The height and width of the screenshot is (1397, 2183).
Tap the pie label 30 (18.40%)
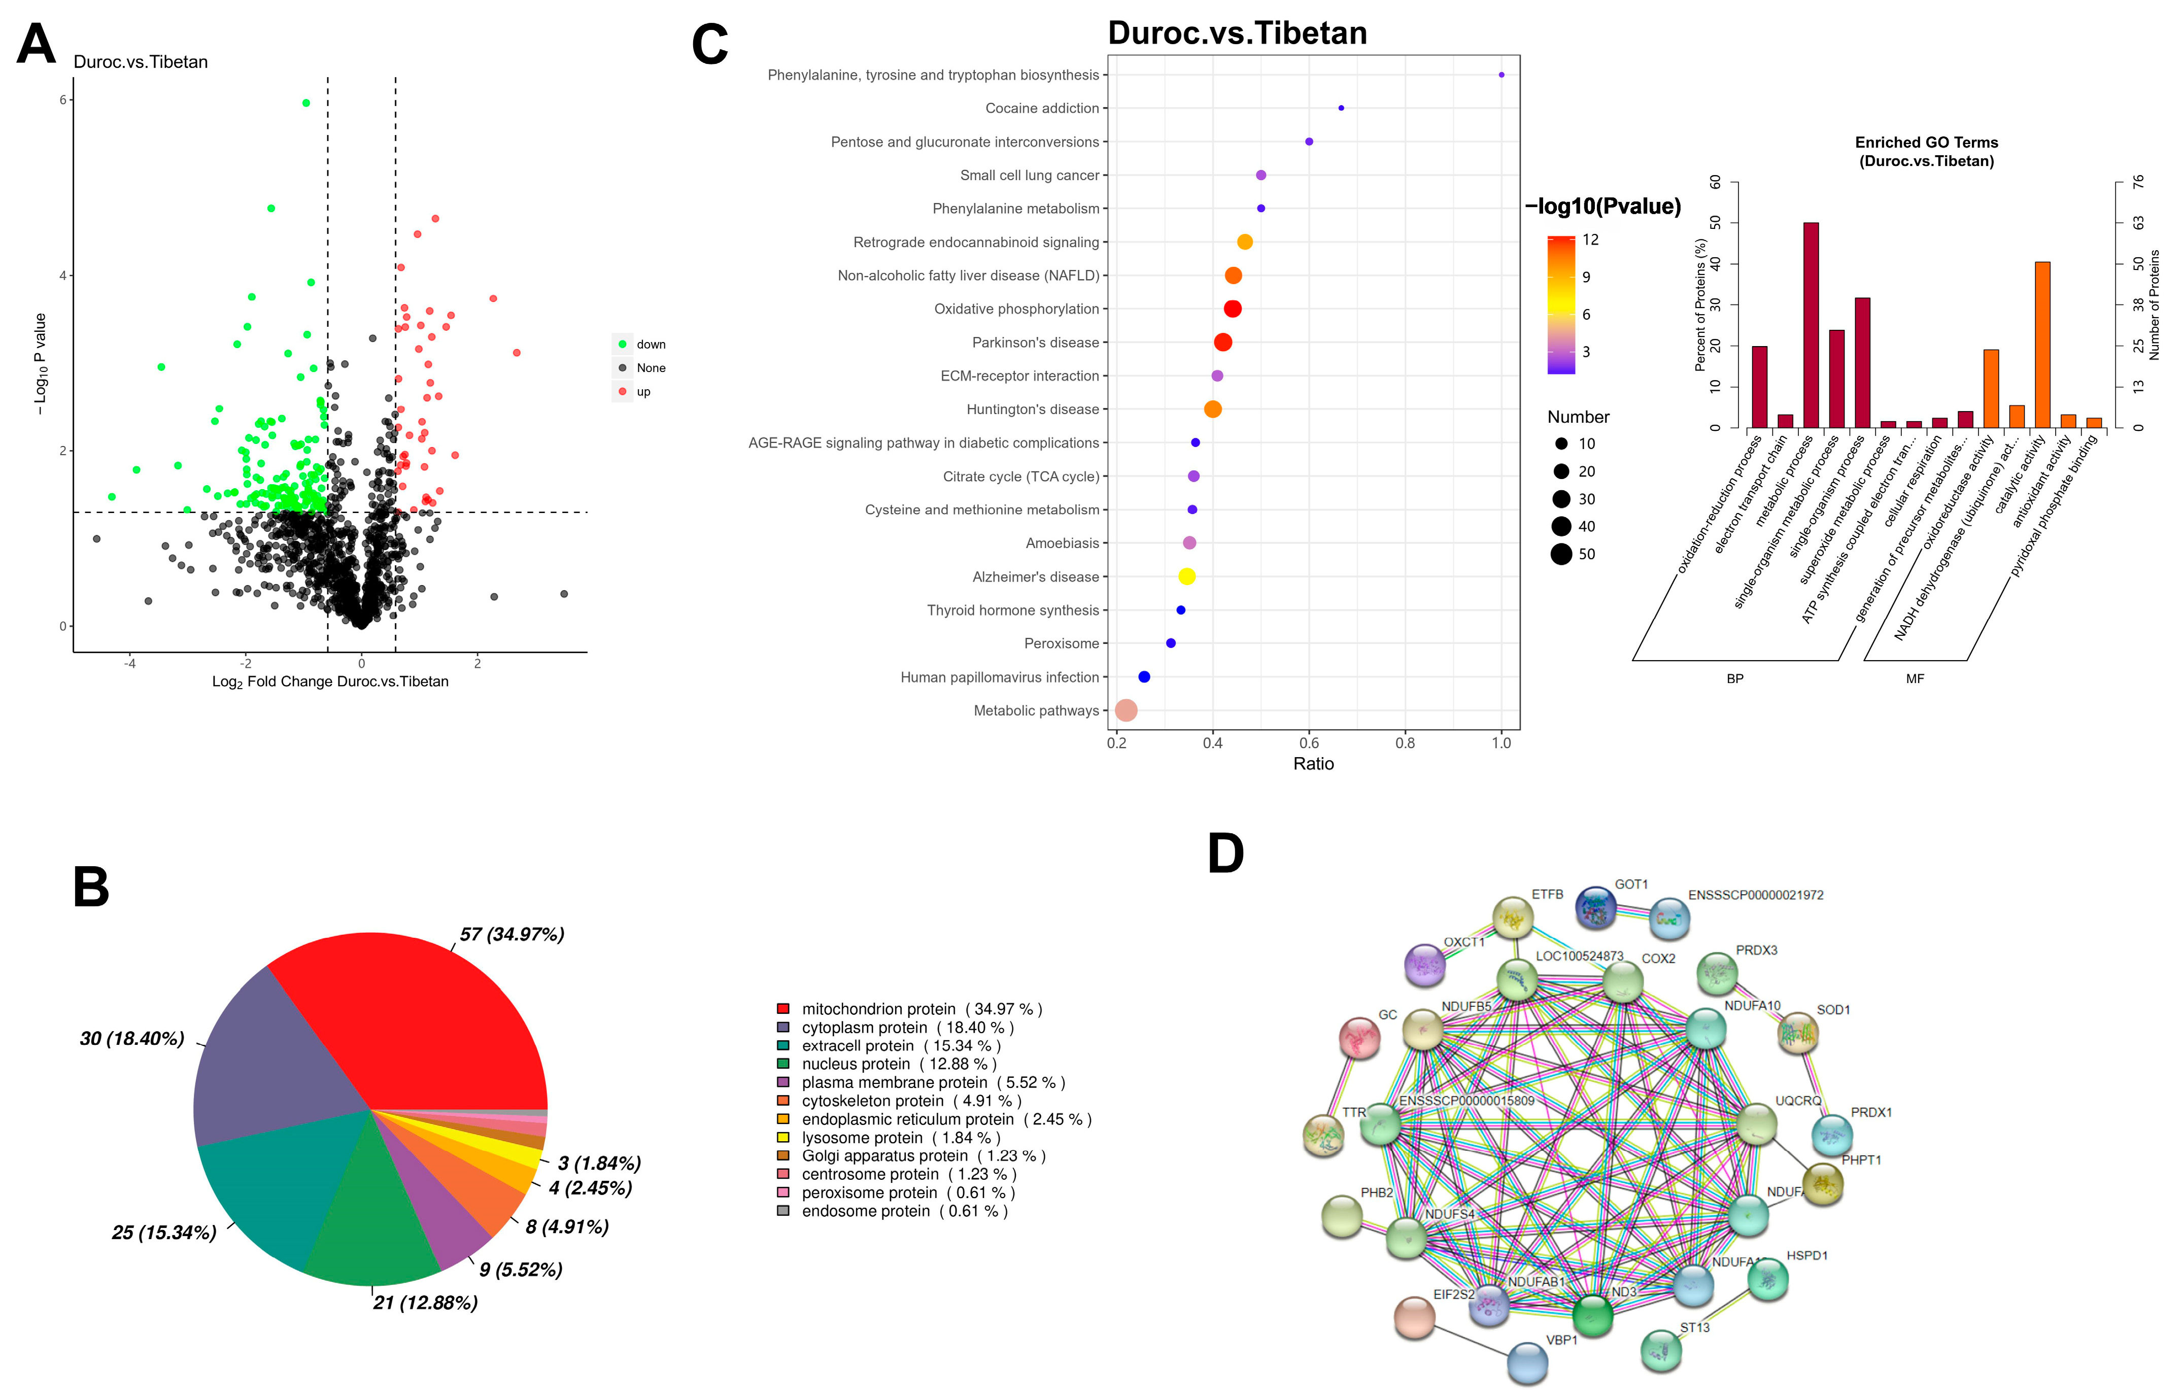[x=131, y=1039]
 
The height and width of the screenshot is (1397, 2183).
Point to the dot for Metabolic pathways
[x=1125, y=710]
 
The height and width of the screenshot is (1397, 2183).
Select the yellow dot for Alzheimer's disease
[x=1186, y=576]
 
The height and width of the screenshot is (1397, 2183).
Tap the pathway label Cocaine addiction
[x=1042, y=108]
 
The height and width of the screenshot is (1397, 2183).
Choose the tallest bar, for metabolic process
[x=1810, y=325]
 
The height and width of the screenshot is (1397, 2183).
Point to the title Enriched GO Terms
[x=1926, y=143]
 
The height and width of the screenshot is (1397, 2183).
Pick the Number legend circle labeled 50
[x=1561, y=554]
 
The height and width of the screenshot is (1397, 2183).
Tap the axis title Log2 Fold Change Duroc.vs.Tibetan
[x=330, y=682]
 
